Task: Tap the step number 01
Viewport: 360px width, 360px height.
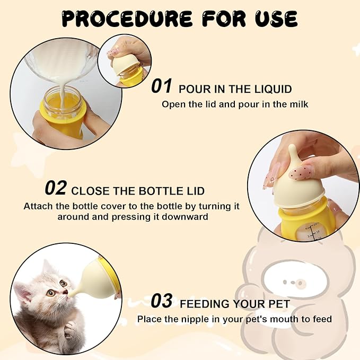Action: [x=161, y=86]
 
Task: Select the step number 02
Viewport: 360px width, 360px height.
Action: [x=56, y=188]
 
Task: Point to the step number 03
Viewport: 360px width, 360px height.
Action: [x=161, y=301]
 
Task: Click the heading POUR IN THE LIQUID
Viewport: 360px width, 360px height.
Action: [x=235, y=89]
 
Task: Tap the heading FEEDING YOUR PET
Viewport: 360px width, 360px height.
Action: [x=235, y=304]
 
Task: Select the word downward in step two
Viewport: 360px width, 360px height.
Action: [x=189, y=217]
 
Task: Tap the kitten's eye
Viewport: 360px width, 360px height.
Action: [x=50, y=292]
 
